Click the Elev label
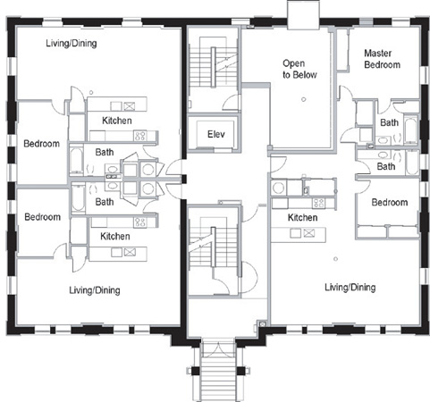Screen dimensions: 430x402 pos(216,134)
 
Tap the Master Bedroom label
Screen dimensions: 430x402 pos(382,59)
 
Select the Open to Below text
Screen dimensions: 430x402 pos(299,69)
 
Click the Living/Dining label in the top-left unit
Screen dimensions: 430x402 pos(72,43)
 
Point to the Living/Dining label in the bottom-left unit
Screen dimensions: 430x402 pos(95,290)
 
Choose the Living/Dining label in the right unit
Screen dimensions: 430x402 pos(350,287)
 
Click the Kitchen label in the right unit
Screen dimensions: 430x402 pos(302,217)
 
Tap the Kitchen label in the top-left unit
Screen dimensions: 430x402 pos(117,121)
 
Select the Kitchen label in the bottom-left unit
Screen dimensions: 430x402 pos(115,236)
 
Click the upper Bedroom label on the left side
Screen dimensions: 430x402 pos(41,144)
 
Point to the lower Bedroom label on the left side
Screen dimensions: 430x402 pos(42,217)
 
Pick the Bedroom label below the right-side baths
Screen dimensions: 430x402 pos(390,203)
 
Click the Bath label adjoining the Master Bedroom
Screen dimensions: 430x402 pos(389,122)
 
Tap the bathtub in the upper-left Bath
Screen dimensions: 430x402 pos(77,161)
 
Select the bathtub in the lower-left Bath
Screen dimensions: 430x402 pos(79,197)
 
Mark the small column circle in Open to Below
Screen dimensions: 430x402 pos(303,99)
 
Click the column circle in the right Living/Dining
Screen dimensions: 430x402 pos(335,259)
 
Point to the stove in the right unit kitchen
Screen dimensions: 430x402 pos(318,203)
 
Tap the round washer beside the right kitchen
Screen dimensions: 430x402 pos(279,188)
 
